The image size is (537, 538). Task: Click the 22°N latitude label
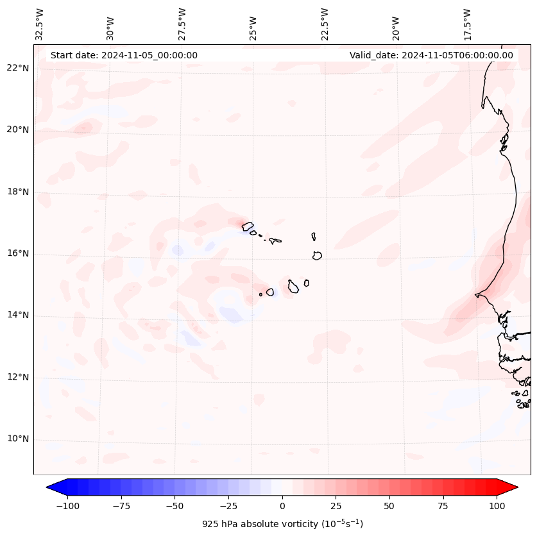(17, 69)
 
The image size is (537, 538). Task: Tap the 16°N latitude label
(17, 254)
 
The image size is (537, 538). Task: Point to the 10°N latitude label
(17, 439)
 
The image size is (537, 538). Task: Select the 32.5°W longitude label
(40, 24)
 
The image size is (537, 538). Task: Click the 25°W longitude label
(253, 24)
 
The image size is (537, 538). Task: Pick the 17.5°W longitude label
(467, 24)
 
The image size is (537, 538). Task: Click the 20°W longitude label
(396, 24)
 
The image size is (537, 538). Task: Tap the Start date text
(124, 55)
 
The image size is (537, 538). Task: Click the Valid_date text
(431, 55)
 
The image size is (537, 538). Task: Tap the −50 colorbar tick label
(175, 506)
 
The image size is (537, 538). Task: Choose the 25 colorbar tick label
(336, 506)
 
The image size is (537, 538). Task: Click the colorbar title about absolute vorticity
(282, 524)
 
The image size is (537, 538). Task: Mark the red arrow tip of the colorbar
(516, 487)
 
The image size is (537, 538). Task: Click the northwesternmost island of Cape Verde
(247, 226)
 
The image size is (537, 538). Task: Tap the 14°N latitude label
(17, 315)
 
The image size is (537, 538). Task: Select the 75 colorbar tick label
(443, 506)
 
